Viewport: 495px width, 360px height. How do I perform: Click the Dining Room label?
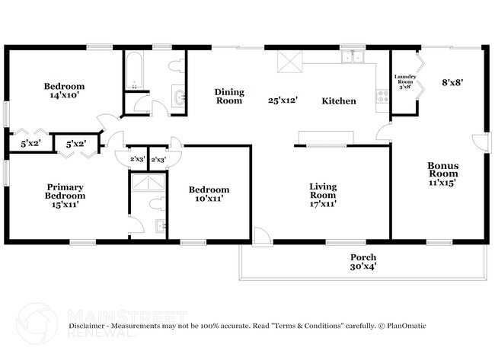(229, 96)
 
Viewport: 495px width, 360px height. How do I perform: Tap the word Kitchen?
(338, 100)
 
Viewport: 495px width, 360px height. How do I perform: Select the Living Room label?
(323, 195)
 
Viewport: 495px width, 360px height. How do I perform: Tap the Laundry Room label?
(404, 81)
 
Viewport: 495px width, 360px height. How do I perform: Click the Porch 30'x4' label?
(362, 261)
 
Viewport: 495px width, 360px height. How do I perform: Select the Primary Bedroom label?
(65, 195)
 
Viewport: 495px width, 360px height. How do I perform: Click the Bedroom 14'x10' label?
(64, 91)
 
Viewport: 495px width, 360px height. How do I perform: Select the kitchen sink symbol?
(352, 57)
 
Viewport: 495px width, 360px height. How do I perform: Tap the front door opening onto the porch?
(261, 237)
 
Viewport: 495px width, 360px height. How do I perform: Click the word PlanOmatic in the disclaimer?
(404, 326)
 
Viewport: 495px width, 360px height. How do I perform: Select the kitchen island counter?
(325, 137)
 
